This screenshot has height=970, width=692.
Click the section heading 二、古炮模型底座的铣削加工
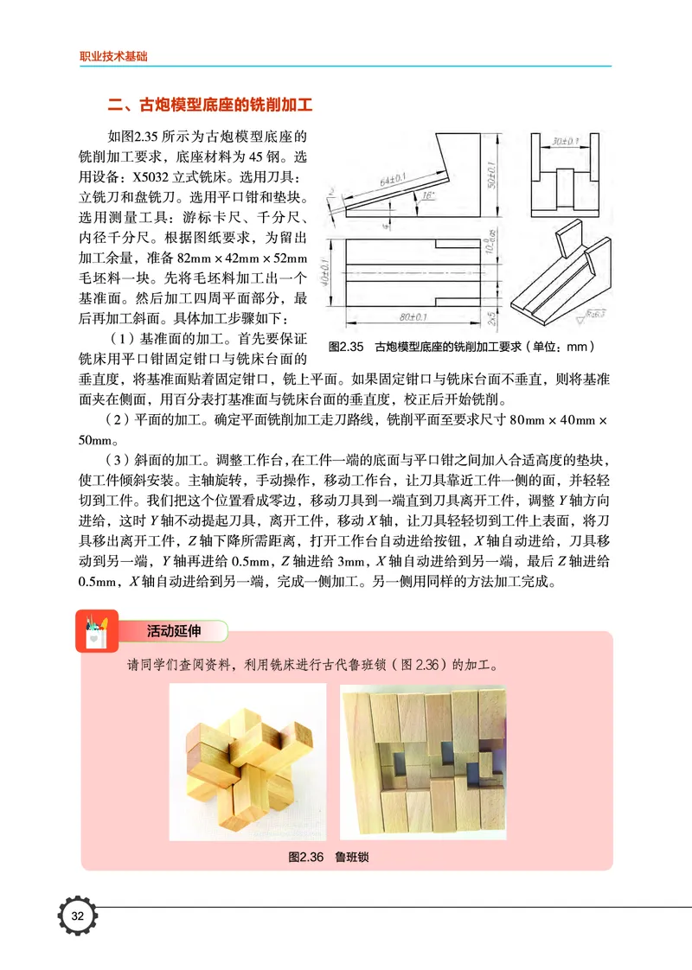coord(208,106)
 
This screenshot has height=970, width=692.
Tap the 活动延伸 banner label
coord(173,631)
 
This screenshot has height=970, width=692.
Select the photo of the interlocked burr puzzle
coord(247,763)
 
